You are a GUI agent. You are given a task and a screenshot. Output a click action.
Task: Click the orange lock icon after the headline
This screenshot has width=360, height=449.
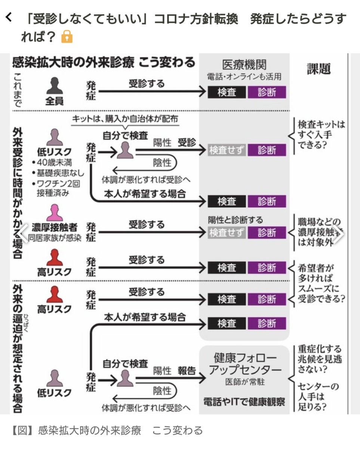point(67,37)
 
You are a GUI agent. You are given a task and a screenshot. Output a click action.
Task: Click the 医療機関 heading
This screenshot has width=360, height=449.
point(244,65)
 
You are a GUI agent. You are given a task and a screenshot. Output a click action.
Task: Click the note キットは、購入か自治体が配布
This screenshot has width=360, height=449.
point(125,119)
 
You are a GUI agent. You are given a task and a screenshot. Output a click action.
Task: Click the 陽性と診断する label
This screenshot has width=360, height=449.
point(235,220)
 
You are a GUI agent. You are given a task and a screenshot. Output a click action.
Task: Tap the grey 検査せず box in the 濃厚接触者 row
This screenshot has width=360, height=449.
point(227,233)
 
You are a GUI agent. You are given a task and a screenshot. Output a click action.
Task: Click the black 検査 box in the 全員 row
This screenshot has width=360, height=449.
point(227,92)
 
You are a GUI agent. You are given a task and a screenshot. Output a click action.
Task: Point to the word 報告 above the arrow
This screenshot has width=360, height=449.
point(187,371)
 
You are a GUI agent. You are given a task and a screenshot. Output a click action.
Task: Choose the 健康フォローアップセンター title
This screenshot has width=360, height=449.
point(245,364)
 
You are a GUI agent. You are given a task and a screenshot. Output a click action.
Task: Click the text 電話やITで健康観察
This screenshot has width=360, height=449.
point(244,402)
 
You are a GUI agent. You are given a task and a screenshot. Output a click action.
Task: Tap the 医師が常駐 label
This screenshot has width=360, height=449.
point(245,383)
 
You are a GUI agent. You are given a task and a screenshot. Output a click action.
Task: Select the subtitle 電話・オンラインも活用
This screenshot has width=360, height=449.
point(244,77)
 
